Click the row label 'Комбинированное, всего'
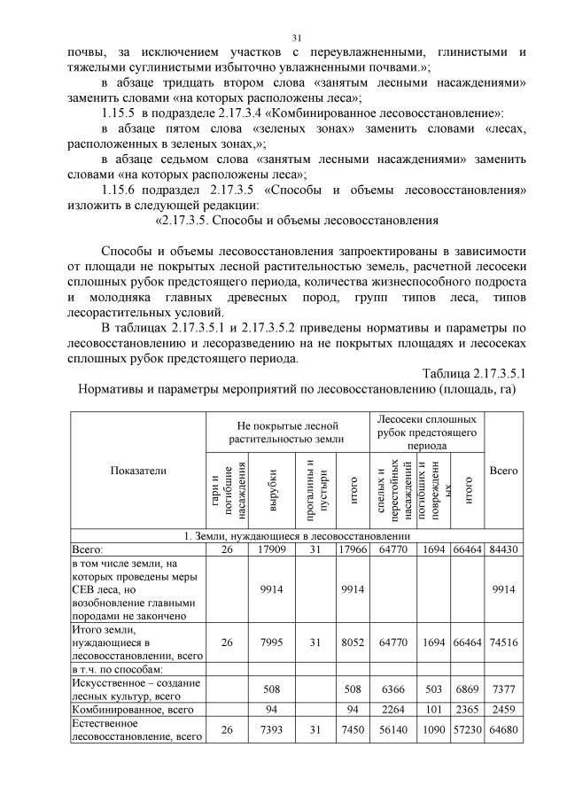tap(132, 709)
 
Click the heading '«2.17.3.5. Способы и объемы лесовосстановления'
tap(297, 220)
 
